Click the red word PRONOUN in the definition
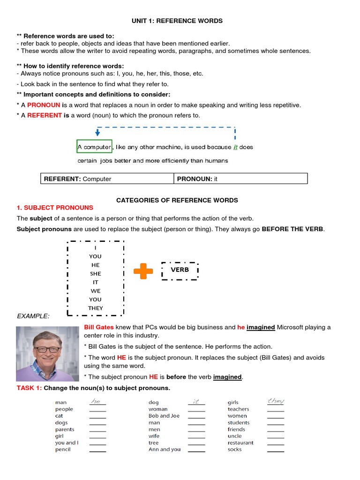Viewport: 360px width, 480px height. [44, 105]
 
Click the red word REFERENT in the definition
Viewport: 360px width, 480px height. [45, 115]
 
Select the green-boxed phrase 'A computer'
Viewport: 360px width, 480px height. [94, 147]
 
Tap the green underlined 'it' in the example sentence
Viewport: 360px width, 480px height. [235, 147]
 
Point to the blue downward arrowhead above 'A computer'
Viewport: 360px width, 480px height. [97, 133]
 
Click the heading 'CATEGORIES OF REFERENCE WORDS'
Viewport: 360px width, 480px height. [177, 200]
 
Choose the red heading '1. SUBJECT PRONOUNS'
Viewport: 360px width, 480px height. [55, 208]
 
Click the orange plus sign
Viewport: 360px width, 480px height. [143, 271]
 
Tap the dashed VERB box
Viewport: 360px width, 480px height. [180, 270]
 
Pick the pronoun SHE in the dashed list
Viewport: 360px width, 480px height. [96, 274]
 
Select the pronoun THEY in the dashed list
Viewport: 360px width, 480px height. [96, 308]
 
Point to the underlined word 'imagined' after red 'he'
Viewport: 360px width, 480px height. [261, 328]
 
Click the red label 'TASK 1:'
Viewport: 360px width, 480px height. [30, 388]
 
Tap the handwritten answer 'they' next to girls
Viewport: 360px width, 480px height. [276, 401]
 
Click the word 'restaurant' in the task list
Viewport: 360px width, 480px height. [240, 442]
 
